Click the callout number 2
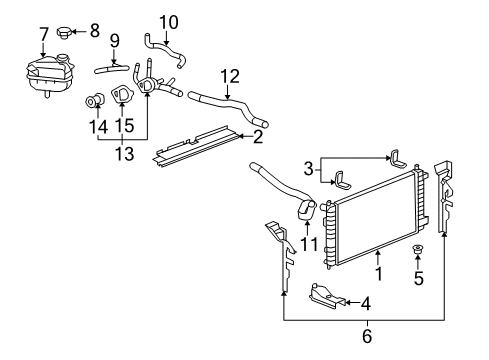pyautogui.click(x=257, y=137)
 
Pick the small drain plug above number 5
pyautogui.click(x=418, y=249)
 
